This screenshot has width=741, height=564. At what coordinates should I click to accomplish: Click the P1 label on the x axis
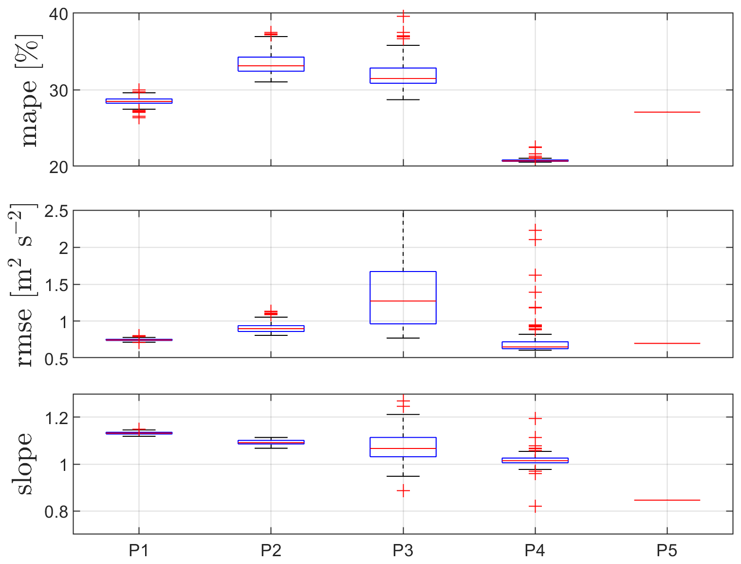(x=139, y=551)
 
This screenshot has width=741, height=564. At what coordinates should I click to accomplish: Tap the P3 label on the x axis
(x=403, y=551)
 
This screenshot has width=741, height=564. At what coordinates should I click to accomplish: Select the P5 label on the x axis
(x=667, y=551)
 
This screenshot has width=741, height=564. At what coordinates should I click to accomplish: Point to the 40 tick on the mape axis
(x=58, y=14)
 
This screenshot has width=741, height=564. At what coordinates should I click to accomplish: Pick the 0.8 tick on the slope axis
(x=56, y=512)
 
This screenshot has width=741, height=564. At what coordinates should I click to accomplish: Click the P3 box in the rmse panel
(x=403, y=297)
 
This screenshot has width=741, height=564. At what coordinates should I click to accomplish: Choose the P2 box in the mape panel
(x=271, y=64)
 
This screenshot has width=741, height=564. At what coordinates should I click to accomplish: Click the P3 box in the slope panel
(x=403, y=447)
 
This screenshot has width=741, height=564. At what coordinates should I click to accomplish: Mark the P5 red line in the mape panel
(x=667, y=112)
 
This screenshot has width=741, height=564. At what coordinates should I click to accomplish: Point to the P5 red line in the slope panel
(x=667, y=500)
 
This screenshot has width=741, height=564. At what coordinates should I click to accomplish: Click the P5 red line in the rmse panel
(x=667, y=343)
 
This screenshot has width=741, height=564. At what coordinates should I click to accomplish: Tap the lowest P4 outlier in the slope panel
(x=535, y=507)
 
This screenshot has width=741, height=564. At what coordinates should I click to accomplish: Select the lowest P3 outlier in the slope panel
(x=403, y=491)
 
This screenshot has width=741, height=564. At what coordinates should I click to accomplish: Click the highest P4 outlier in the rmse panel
(x=535, y=230)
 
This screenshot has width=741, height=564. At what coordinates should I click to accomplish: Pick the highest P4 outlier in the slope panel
(x=535, y=418)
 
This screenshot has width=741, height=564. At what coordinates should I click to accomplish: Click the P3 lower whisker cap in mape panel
(x=403, y=99)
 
